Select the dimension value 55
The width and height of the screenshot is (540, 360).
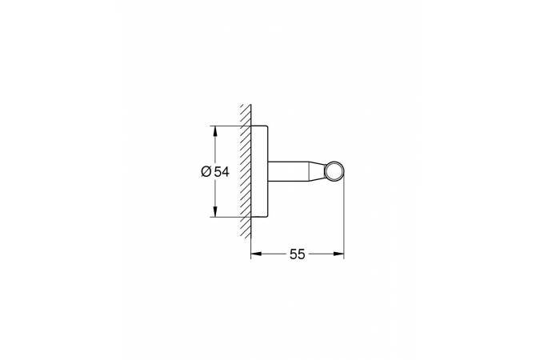pyautogui.click(x=298, y=254)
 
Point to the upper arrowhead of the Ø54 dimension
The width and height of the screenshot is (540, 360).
pyautogui.click(x=214, y=130)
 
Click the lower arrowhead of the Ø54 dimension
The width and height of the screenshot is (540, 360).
pyautogui.click(x=214, y=214)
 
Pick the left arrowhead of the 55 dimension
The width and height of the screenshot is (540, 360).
pyautogui.click(x=255, y=254)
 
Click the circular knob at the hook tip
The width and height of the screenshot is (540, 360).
pyautogui.click(x=335, y=171)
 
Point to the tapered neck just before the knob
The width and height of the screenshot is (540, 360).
pyautogui.click(x=317, y=171)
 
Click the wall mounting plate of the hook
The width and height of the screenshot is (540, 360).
pyautogui.click(x=258, y=171)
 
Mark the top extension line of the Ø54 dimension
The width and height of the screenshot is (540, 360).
pyautogui.click(x=228, y=126)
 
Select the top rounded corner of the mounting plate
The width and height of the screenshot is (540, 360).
pyautogui.click(x=263, y=127)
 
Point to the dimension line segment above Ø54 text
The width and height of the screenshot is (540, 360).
pyautogui.click(x=214, y=148)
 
